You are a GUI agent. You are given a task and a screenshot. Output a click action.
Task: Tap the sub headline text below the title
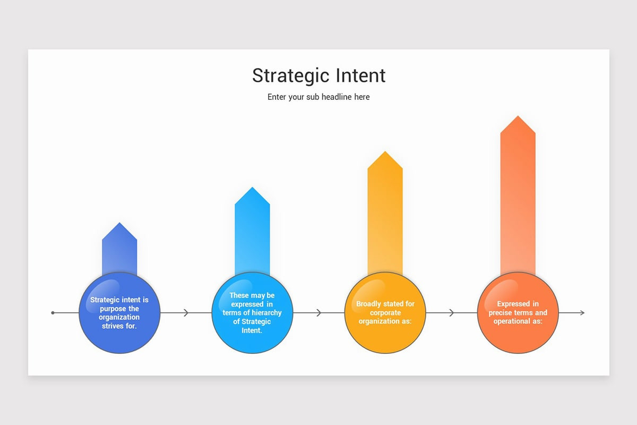tap(318, 97)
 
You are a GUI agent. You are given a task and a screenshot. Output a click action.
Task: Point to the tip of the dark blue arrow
tap(119, 224)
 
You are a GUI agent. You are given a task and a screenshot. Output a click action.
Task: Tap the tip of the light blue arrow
tap(252, 188)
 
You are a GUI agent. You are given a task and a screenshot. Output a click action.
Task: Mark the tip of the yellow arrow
tap(385, 152)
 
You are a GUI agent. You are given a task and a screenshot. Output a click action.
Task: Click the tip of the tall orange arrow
tap(518, 117)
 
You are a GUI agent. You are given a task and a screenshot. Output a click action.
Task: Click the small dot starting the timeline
tap(53, 313)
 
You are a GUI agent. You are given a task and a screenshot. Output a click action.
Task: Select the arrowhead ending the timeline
tap(582, 313)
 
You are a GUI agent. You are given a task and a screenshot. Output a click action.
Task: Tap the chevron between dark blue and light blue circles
tap(186, 313)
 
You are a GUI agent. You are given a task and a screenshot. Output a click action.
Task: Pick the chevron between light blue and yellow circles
tap(319, 313)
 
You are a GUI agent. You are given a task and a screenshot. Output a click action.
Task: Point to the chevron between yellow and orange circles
tap(452, 313)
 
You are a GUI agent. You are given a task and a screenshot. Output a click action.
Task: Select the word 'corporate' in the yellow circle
tap(385, 313)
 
